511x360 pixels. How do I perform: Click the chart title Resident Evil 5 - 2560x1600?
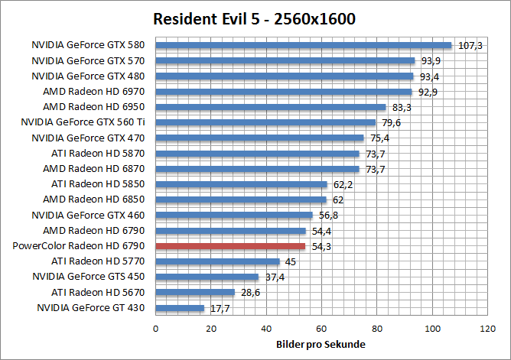[255, 18]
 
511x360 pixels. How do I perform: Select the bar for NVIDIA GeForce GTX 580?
[304, 45]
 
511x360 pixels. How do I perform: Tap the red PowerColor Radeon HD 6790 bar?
[230, 246]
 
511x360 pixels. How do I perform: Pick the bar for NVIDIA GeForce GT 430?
[180, 308]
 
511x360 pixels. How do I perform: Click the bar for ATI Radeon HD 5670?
[195, 292]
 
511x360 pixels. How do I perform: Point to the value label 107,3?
[470, 46]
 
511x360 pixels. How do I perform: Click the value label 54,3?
[321, 246]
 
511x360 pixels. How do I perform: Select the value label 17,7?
[220, 308]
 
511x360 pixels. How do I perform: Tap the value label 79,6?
[391, 122]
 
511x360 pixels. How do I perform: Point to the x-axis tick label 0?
[156, 329]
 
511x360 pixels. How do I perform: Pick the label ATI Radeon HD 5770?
[98, 261]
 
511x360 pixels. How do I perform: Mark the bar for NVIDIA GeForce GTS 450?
[207, 277]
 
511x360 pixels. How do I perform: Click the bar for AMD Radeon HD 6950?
[271, 107]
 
